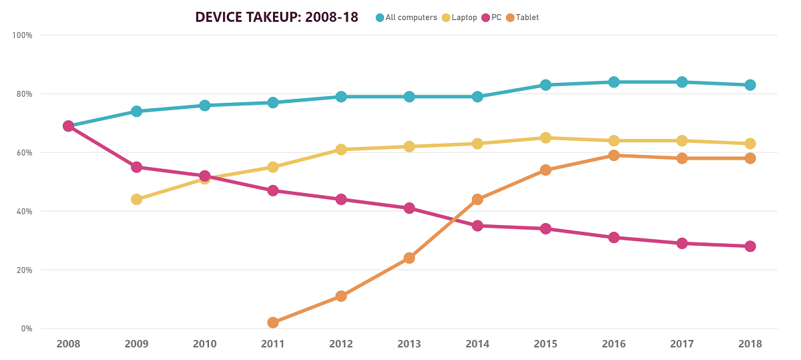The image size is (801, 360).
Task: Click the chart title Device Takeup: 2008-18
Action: tap(276, 17)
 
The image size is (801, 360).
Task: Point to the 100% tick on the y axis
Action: tap(23, 35)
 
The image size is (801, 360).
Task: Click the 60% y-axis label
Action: tap(23, 152)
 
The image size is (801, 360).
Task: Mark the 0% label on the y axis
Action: tap(25, 329)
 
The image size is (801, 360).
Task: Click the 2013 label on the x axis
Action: tap(409, 344)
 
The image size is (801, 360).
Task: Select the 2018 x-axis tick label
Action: tap(750, 344)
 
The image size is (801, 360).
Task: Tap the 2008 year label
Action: tap(68, 344)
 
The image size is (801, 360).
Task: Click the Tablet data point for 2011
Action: tap(273, 323)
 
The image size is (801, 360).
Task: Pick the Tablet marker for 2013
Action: tap(409, 258)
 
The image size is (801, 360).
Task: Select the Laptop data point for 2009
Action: tap(136, 199)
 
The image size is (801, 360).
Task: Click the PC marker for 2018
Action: tap(750, 246)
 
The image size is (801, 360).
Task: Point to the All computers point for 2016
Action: tap(613, 82)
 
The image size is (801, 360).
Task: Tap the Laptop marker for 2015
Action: tap(545, 138)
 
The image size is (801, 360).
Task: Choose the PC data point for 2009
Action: tap(136, 167)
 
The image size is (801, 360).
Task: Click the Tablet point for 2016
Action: tap(613, 156)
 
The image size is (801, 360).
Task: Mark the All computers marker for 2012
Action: tap(341, 97)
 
